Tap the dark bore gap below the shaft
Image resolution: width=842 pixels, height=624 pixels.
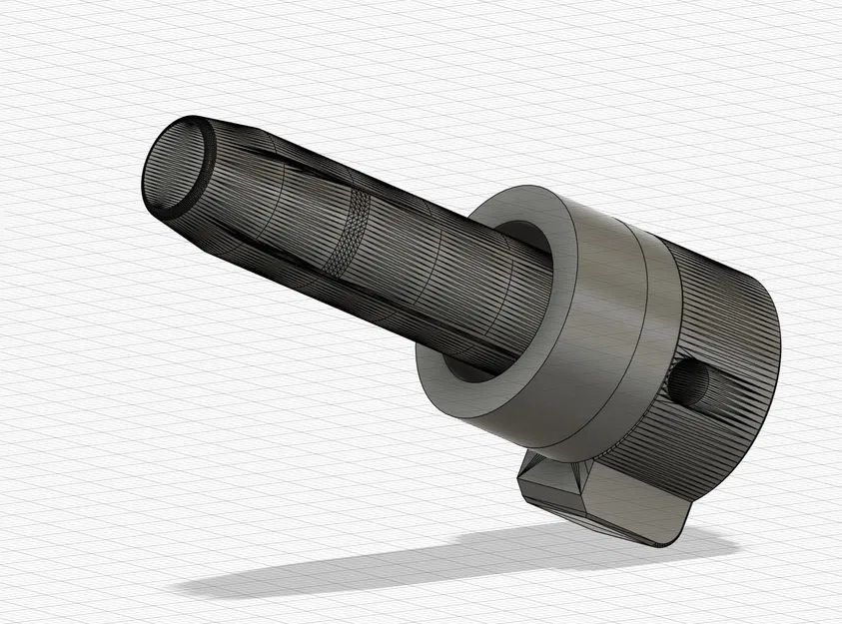tap(464, 369)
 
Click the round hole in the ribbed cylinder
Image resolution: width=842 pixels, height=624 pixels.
tap(690, 382)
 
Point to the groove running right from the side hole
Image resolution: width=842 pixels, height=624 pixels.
tap(739, 394)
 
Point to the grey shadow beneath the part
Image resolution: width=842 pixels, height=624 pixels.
tap(400, 569)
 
